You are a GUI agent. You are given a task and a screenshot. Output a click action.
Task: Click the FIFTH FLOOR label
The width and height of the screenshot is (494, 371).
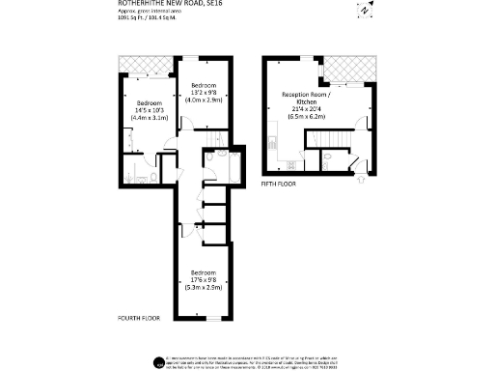coord(278,182)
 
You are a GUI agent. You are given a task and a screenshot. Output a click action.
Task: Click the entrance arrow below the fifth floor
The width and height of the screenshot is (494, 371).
coord(360,178)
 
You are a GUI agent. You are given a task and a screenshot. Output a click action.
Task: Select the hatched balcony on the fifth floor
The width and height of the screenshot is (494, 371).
coord(346,71)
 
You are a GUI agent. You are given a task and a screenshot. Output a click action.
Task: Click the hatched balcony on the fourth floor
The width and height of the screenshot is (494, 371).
coord(146,66)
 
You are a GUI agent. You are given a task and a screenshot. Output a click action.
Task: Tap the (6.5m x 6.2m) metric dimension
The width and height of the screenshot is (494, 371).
coord(307,115)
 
